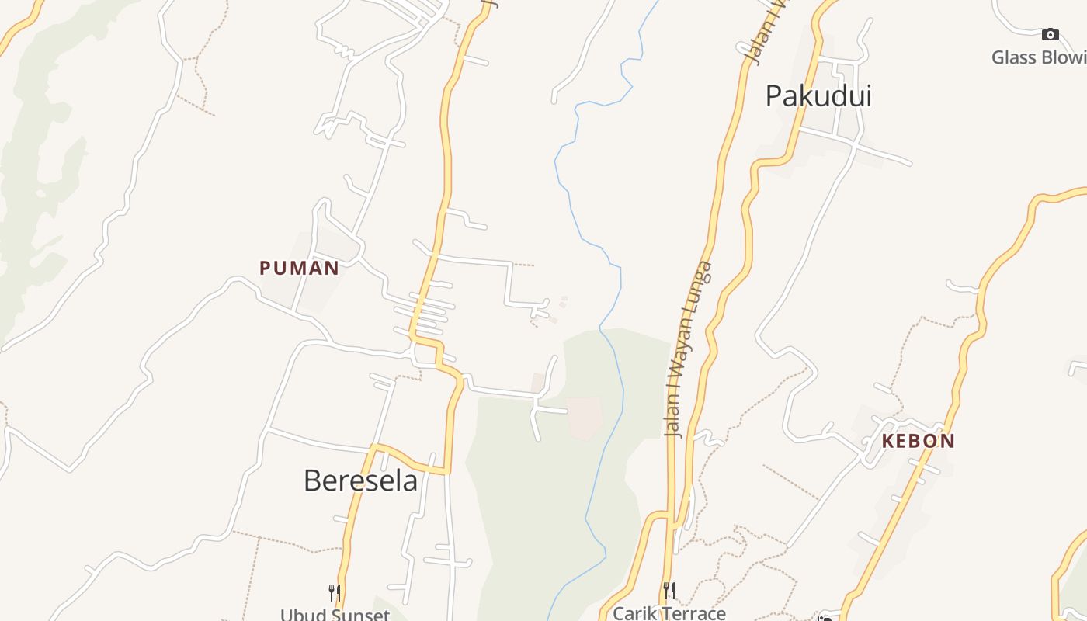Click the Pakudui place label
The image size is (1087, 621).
coord(818,96)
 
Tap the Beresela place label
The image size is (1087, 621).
coord(360,480)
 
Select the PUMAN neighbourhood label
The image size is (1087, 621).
coord(299,269)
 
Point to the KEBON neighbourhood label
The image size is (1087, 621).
coord(919,441)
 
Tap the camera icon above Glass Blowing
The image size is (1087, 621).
coord(1050,34)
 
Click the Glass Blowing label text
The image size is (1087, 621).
coord(1039,57)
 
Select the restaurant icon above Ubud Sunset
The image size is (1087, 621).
coord(335,593)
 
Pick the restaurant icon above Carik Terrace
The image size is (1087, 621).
coord(669,590)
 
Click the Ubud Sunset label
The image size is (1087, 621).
coord(335,615)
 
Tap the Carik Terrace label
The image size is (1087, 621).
coord(669,613)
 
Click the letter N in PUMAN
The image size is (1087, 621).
coord(331,269)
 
